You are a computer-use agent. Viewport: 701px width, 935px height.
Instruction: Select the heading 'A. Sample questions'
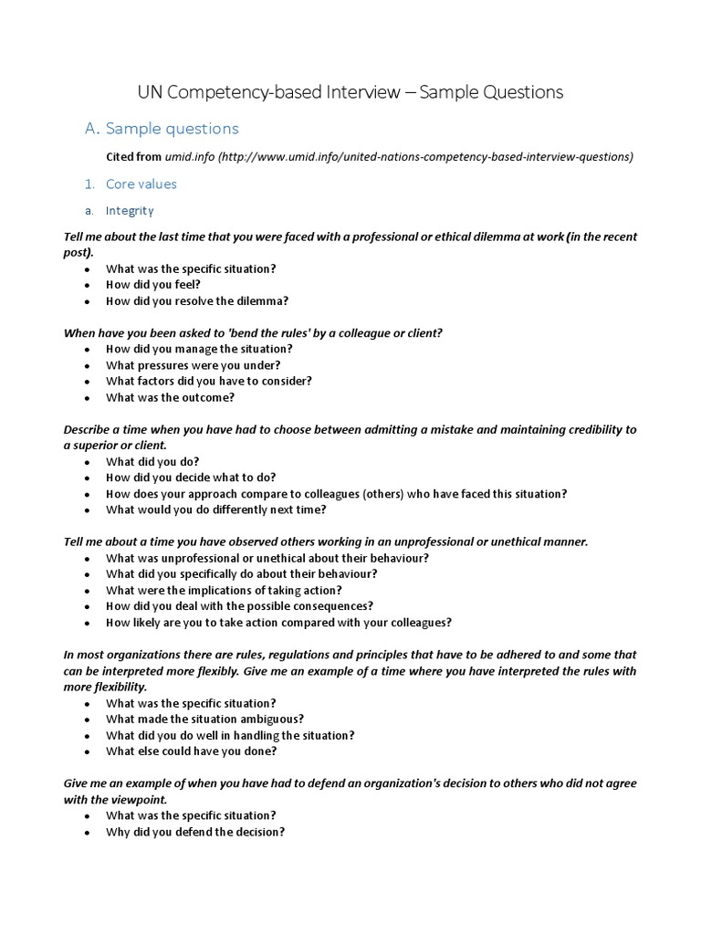162,129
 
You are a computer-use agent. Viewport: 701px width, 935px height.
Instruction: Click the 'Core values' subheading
141,184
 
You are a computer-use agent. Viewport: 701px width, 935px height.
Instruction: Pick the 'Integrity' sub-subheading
130,210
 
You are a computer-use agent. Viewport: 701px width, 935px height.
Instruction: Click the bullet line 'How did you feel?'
152,285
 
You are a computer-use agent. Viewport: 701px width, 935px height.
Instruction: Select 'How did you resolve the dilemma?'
196,300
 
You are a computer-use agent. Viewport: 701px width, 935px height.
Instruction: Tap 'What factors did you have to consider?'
209,381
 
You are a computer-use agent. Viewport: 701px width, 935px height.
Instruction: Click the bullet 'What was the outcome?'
170,397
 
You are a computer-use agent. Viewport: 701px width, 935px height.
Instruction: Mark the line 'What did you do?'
152,461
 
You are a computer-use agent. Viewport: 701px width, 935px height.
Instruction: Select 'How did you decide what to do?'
190,477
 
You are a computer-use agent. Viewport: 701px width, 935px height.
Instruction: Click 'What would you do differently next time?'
215,510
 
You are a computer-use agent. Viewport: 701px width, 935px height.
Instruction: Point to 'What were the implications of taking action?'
224,590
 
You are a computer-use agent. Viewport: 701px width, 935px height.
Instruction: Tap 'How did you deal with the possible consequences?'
239,605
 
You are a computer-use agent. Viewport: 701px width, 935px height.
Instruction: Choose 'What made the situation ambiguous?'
204,719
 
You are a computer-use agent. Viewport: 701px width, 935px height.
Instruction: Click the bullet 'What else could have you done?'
191,751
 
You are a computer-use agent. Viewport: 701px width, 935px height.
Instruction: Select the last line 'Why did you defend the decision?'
195,832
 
